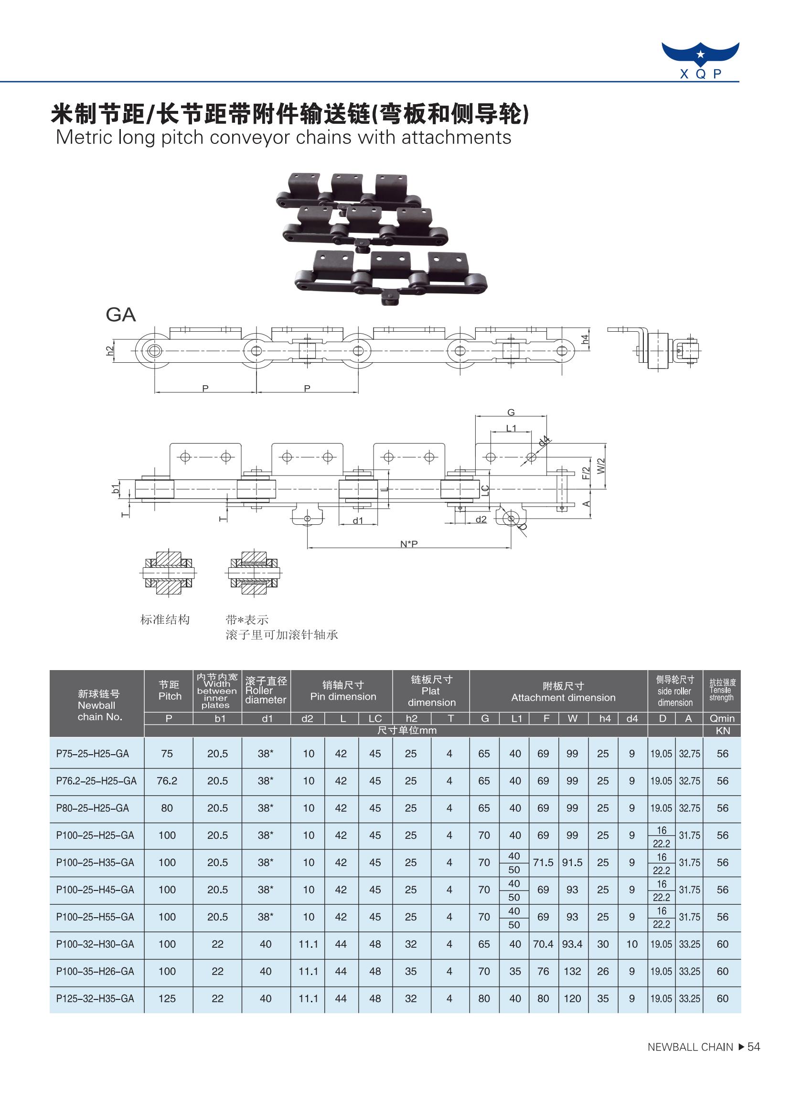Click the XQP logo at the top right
tap(700, 60)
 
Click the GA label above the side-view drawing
tap(121, 315)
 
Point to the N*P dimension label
tap(409, 544)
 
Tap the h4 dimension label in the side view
tap(585, 339)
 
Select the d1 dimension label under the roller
tap(358, 520)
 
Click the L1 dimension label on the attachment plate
tap(511, 428)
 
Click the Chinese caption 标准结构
tap(165, 619)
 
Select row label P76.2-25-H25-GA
tap(96, 781)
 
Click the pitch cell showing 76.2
tap(167, 781)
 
